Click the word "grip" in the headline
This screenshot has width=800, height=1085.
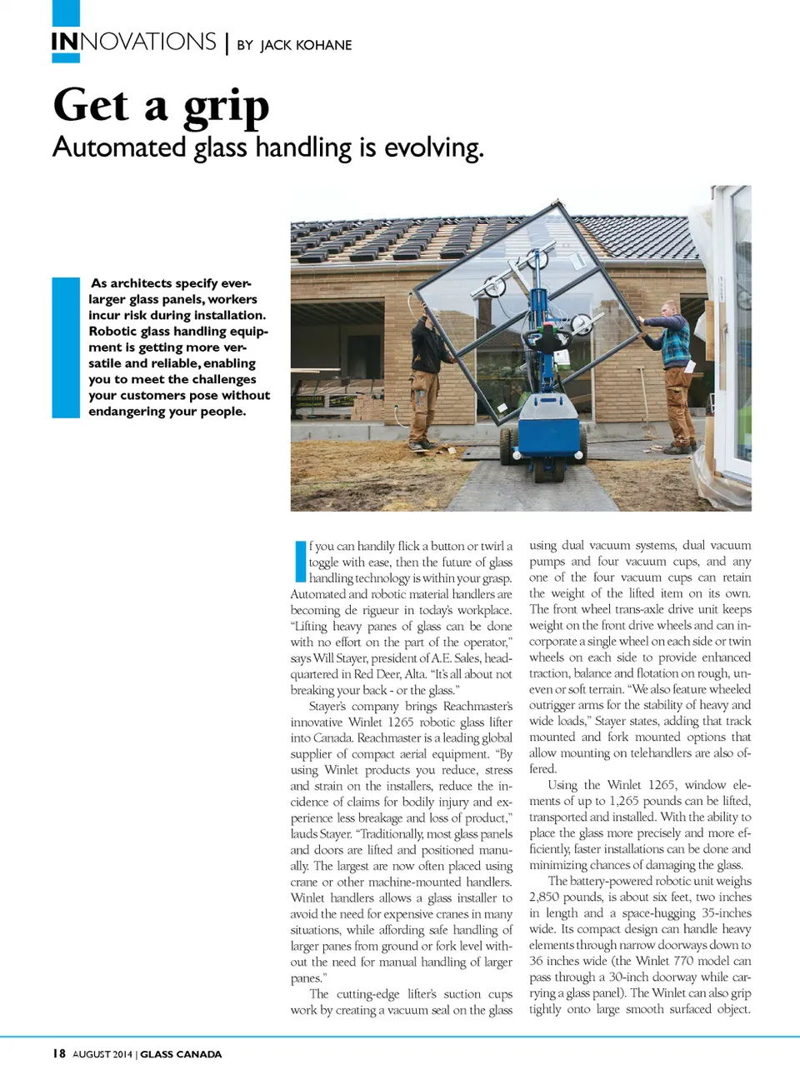point(226,108)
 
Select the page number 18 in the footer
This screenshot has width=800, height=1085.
point(58,1053)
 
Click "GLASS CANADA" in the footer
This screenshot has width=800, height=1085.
point(181,1054)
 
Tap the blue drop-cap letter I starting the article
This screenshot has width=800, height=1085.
point(300,561)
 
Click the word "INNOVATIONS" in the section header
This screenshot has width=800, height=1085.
point(133,42)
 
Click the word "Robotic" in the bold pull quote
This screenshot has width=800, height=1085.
point(113,331)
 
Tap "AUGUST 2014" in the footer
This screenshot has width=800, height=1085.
point(102,1054)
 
